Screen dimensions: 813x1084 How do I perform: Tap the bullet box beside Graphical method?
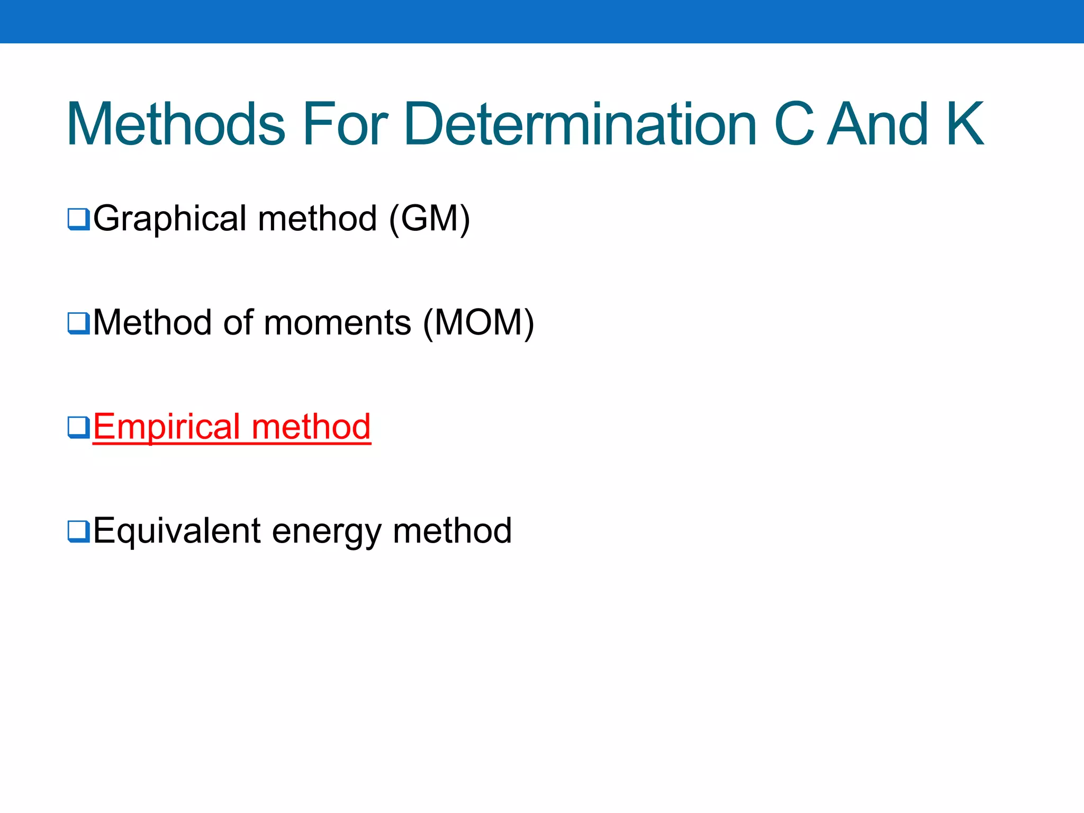coord(78,219)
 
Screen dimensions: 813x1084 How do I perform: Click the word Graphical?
coord(170,218)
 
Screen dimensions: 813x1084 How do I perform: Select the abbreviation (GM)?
coord(429,218)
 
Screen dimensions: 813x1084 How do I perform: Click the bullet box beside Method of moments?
coord(78,323)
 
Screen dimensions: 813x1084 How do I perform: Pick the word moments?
coord(337,322)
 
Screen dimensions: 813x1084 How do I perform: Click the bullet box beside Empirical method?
coord(78,427)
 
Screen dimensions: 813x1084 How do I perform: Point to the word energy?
coord(327,531)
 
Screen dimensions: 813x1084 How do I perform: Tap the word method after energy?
coord(452,531)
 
